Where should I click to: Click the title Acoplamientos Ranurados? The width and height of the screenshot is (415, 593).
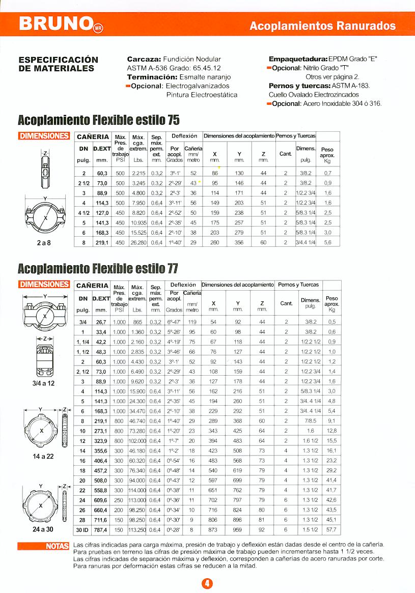tap(322, 26)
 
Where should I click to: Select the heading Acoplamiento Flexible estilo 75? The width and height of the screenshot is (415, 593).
tap(99, 121)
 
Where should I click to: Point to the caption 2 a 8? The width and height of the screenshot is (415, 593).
tap(44, 243)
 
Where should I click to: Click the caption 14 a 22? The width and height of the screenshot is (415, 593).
tap(44, 456)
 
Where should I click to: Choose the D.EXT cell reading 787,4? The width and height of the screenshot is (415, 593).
tap(101, 530)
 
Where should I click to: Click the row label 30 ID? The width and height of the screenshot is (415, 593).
tap(82, 530)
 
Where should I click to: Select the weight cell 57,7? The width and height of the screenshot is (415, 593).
tap(331, 530)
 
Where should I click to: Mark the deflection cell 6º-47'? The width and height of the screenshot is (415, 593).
tap(174, 322)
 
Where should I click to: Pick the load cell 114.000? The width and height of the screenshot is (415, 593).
tap(138, 490)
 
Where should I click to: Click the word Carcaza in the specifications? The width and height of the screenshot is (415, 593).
tap(144, 60)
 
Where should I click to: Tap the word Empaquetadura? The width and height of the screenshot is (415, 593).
tap(298, 60)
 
